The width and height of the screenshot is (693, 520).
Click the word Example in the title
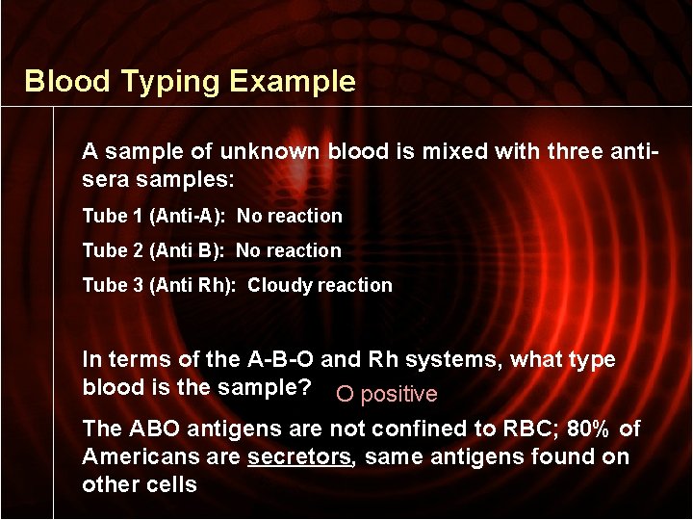(293, 82)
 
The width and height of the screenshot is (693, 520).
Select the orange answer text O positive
(385, 394)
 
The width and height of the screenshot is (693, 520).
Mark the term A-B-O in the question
(280, 359)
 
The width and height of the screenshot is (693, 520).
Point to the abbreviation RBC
(526, 429)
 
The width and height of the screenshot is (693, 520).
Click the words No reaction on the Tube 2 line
(289, 250)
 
